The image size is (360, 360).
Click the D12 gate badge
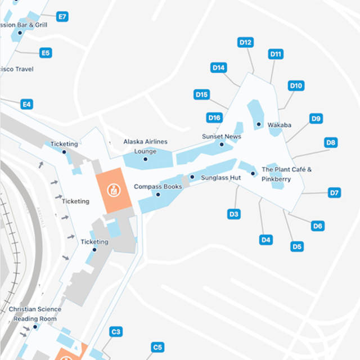(x=246, y=42)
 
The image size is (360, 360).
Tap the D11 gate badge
(x=276, y=54)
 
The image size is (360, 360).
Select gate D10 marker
(x=296, y=85)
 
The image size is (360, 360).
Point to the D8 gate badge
(x=331, y=142)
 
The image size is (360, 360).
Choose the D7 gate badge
(x=334, y=193)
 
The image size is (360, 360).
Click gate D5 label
(x=297, y=246)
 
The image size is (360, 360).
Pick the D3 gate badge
(x=234, y=214)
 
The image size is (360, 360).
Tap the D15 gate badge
(x=201, y=94)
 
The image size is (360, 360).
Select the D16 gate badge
(x=214, y=118)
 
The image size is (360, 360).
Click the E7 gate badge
(x=62, y=17)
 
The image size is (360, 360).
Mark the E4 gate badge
(x=26, y=104)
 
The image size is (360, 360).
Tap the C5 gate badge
(x=157, y=347)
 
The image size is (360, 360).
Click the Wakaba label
(x=279, y=124)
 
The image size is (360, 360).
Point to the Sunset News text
(x=221, y=137)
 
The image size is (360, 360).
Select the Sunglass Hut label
(x=220, y=177)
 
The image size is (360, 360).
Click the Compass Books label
(x=157, y=186)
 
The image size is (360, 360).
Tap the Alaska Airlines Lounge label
(x=145, y=146)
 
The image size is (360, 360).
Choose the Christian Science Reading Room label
(x=35, y=314)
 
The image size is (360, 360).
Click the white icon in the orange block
(x=115, y=190)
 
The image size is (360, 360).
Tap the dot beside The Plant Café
(x=254, y=173)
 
